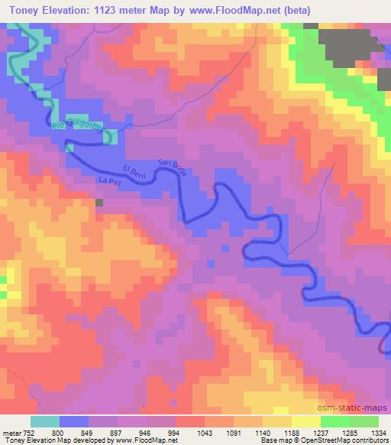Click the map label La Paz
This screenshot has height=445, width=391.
[109, 181]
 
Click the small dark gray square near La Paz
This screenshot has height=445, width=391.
[99, 203]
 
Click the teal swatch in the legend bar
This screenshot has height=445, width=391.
[45, 421]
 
